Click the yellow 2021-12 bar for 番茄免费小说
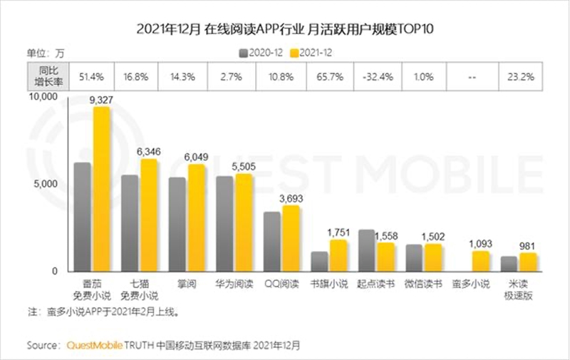102,189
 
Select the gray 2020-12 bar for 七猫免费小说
130,223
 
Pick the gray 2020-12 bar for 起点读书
366,250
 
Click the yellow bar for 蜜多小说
481,261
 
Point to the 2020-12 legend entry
259,52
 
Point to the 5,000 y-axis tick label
49,183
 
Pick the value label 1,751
338,232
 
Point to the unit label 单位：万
45,52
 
